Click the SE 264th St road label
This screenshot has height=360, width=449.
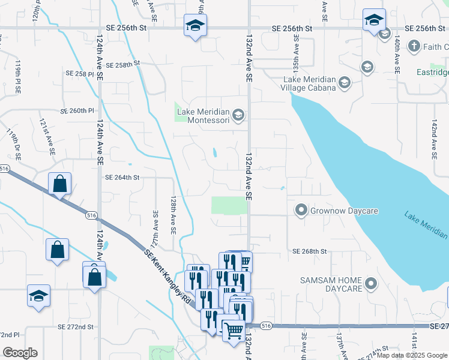click(122, 178)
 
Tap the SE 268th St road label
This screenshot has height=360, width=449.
click(309, 251)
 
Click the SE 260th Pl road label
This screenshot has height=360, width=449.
click(77, 111)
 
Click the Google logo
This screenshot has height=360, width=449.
click(20, 353)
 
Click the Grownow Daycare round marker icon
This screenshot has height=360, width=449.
click(300, 211)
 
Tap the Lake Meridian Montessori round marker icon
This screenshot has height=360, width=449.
click(238, 115)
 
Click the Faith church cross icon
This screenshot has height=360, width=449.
click(414, 46)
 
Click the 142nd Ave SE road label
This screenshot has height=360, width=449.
click(434, 139)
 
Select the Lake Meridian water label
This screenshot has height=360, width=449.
click(425, 223)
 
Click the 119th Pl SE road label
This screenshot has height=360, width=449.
click(18, 77)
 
